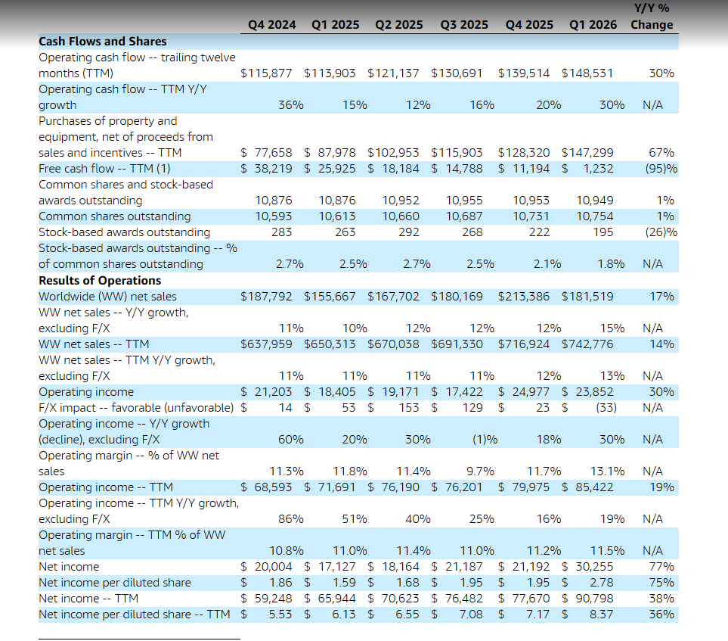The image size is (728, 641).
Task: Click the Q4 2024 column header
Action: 271,25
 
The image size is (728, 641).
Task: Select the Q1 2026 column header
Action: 593,25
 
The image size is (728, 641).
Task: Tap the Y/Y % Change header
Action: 652,17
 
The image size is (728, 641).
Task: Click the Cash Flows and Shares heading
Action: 102,42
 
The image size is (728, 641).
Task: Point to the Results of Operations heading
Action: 100,281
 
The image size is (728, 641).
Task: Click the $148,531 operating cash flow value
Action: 587,73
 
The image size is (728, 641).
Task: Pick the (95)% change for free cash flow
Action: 661,169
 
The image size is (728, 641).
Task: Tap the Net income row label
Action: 69,567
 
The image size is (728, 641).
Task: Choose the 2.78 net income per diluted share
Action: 601,583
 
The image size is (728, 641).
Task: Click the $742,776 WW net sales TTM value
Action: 587,344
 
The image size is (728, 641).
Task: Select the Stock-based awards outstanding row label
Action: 124,232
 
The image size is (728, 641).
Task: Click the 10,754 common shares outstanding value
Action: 594,216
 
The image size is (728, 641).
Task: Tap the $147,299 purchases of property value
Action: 587,153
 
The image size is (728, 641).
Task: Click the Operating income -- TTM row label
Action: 106,487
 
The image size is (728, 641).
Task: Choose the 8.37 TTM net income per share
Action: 601,615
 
